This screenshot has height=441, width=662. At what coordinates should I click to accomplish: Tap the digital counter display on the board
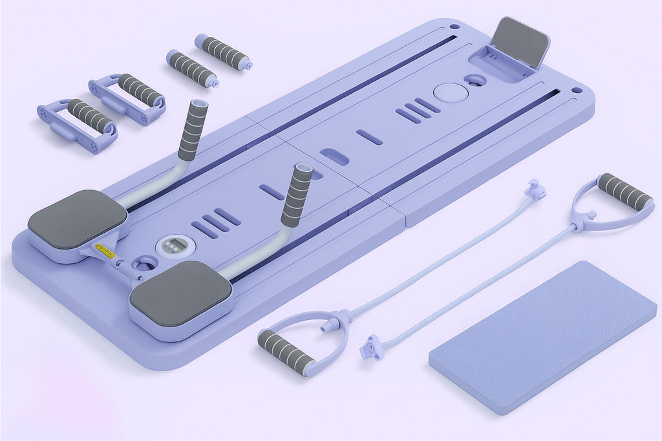pyautogui.click(x=176, y=245)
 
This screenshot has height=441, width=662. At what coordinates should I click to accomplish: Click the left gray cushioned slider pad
pyautogui.click(x=78, y=219)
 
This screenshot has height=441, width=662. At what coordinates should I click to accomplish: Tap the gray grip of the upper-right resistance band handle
pyautogui.click(x=624, y=191)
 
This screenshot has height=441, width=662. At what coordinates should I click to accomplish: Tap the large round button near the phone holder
pyautogui.click(x=451, y=92)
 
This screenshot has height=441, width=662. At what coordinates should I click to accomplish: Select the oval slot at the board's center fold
pyautogui.click(x=334, y=156)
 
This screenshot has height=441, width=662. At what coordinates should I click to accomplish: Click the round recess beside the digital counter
pyautogui.click(x=146, y=262)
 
